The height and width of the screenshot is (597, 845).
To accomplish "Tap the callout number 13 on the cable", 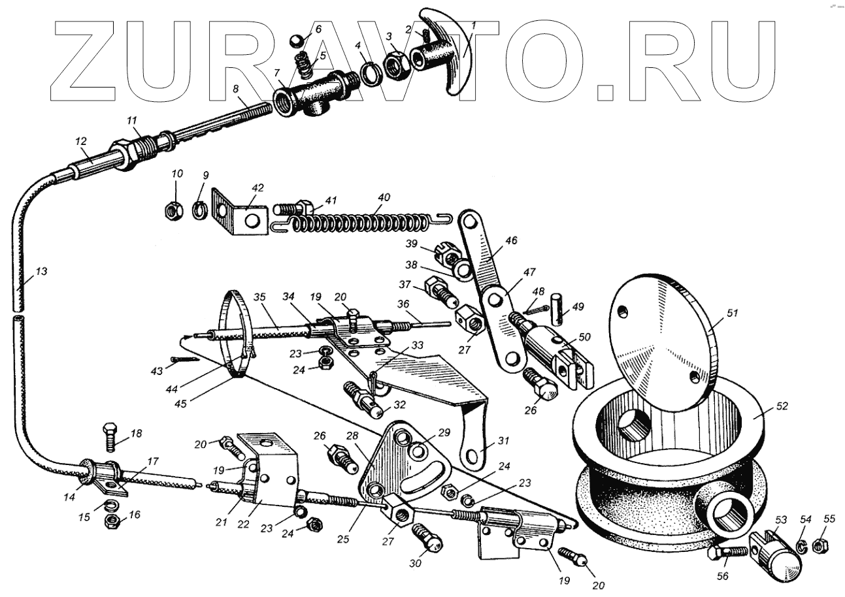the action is [41, 271].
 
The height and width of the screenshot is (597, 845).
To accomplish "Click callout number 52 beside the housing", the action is [783, 406].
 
